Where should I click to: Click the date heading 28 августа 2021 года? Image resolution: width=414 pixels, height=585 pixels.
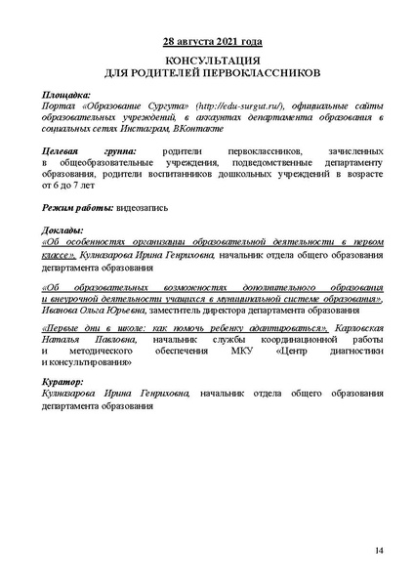tap(207, 43)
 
